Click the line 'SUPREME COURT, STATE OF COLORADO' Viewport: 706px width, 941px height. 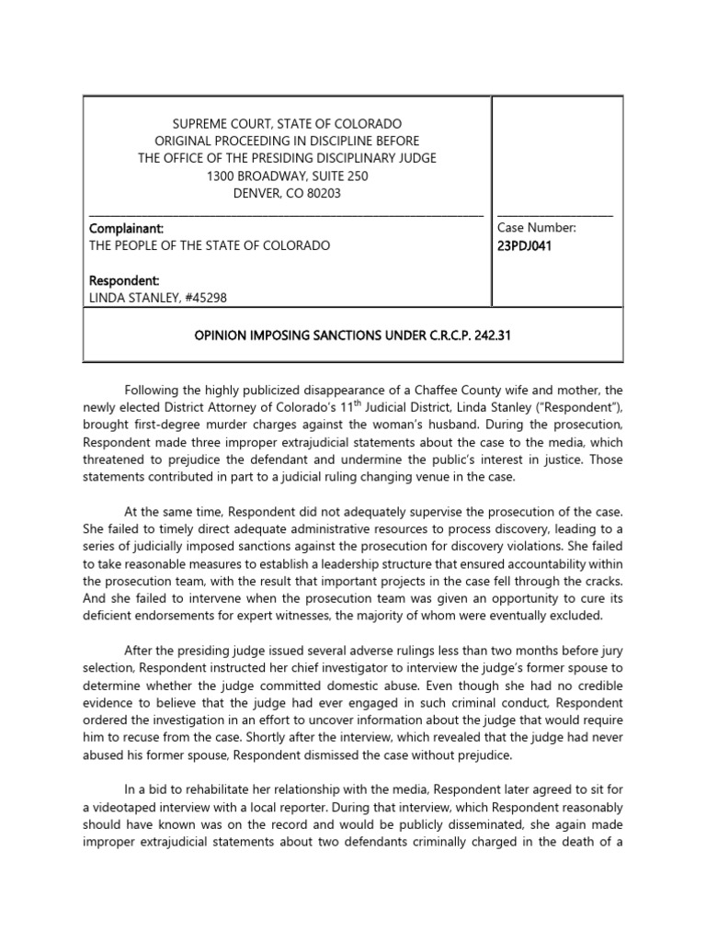click(x=288, y=123)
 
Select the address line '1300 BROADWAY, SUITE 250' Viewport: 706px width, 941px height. click(x=288, y=176)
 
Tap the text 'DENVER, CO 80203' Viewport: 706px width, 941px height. click(x=288, y=193)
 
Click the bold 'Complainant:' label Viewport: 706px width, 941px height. click(x=125, y=227)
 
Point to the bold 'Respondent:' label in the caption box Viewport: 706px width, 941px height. click(x=124, y=278)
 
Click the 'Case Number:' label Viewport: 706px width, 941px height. click(x=537, y=227)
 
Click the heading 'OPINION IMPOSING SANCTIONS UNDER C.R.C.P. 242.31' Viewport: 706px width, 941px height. click(x=352, y=335)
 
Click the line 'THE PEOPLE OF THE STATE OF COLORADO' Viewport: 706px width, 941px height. click(x=209, y=244)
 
